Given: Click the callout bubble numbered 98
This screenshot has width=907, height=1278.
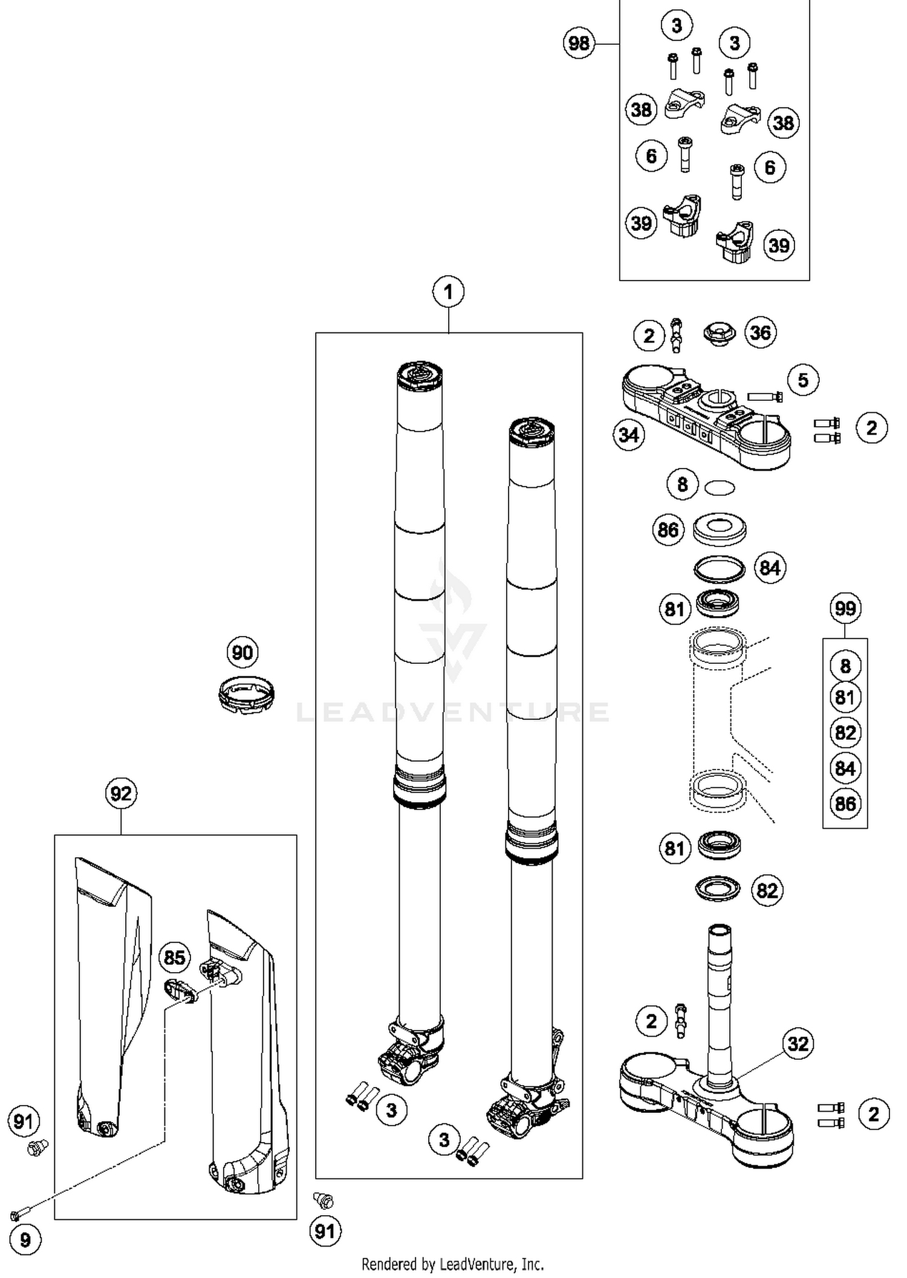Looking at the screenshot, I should click(x=579, y=43).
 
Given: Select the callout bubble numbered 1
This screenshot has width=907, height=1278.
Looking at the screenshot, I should click(x=447, y=292).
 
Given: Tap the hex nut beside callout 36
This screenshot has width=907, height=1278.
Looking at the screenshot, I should click(x=718, y=334).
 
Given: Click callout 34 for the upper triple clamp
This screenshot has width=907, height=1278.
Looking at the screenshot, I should click(x=629, y=435).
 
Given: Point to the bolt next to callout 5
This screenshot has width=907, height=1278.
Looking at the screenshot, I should click(x=765, y=397).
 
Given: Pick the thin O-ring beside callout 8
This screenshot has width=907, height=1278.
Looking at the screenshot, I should click(x=720, y=487).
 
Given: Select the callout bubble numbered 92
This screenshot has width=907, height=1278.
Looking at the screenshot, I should click(x=121, y=793).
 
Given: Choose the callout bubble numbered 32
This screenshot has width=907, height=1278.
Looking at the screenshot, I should click(x=798, y=1043).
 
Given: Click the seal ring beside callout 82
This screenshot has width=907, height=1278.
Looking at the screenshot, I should click(x=718, y=889).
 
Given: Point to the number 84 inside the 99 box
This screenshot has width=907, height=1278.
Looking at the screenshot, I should click(x=845, y=768).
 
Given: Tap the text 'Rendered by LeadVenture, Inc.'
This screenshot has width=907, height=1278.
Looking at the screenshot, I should click(x=452, y=1264).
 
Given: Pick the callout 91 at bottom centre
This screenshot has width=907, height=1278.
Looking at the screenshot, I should click(x=325, y=1231).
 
